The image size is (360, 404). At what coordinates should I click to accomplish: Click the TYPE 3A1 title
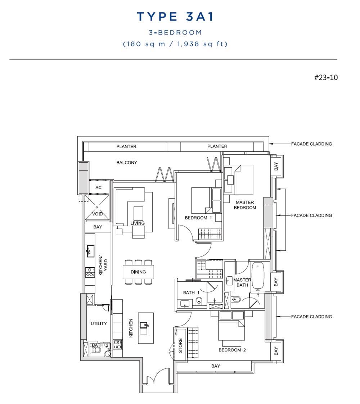[x=175, y=17]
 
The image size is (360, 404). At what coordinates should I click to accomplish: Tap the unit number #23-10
[x=326, y=78]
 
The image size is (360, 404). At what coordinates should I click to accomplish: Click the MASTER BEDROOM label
[x=245, y=205]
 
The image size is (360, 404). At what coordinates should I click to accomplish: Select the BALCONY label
[x=127, y=163]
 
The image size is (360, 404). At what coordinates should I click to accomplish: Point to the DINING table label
[x=138, y=272]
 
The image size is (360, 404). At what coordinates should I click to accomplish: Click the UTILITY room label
[x=99, y=324]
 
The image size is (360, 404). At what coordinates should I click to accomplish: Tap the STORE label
[x=180, y=345]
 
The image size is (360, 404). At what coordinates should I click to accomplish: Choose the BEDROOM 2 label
[x=232, y=350]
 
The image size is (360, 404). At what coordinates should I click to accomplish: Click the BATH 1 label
[x=191, y=292]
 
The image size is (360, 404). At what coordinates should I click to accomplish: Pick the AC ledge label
[x=99, y=187]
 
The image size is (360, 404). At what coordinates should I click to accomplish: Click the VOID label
[x=98, y=214]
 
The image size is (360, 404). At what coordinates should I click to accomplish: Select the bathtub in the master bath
[x=258, y=276]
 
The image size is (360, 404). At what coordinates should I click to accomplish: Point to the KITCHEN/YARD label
[x=103, y=265]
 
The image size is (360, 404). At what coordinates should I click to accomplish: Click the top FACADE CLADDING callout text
[x=311, y=144]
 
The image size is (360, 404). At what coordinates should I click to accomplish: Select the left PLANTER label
[x=126, y=146]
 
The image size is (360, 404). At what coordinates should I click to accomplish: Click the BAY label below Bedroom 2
[x=216, y=366]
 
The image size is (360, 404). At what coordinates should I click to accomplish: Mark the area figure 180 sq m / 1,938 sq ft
[x=175, y=44]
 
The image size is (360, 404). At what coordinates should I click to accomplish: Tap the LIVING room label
[x=138, y=223]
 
